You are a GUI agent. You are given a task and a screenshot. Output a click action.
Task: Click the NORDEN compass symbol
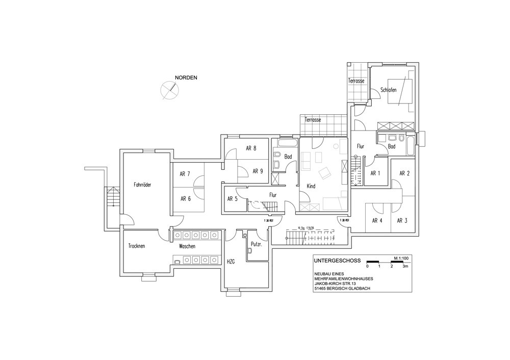170,90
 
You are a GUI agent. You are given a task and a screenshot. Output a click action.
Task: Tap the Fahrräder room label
143,185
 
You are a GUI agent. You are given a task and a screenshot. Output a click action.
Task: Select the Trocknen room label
137,246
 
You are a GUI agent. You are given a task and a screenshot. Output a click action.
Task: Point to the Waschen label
187,246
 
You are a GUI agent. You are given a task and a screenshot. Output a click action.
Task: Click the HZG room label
231,261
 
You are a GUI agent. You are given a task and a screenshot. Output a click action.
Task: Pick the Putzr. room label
256,244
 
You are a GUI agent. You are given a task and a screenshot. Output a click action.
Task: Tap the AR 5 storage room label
232,198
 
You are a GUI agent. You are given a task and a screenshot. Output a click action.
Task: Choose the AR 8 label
250,148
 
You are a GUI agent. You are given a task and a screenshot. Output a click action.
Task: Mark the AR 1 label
375,173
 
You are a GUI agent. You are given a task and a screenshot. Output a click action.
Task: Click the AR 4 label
377,221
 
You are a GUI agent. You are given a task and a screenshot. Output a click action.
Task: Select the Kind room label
311,186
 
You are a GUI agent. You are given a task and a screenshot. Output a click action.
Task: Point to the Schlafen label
389,90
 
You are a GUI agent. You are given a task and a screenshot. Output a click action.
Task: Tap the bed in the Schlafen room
400,91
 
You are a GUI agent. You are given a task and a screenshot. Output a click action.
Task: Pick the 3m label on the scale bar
405,266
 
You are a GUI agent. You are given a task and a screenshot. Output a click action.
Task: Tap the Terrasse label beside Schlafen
356,81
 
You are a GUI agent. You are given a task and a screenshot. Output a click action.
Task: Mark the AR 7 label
185,174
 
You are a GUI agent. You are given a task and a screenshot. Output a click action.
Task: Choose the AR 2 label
404,173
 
